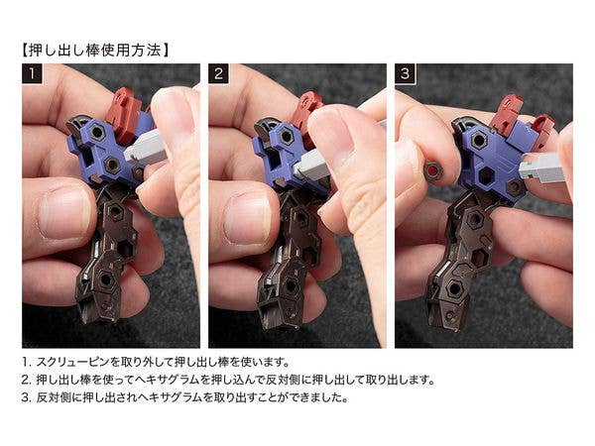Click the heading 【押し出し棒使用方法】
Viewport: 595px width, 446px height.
95,51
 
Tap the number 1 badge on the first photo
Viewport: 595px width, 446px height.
32,73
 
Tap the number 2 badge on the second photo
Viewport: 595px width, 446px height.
218,73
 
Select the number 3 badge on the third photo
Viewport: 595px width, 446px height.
405,73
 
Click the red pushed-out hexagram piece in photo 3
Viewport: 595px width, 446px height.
433,171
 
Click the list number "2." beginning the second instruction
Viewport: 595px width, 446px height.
26,380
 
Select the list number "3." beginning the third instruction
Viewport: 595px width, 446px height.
26,397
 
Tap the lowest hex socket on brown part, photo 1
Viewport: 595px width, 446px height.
105,279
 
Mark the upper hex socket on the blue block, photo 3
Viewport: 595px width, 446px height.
479,140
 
